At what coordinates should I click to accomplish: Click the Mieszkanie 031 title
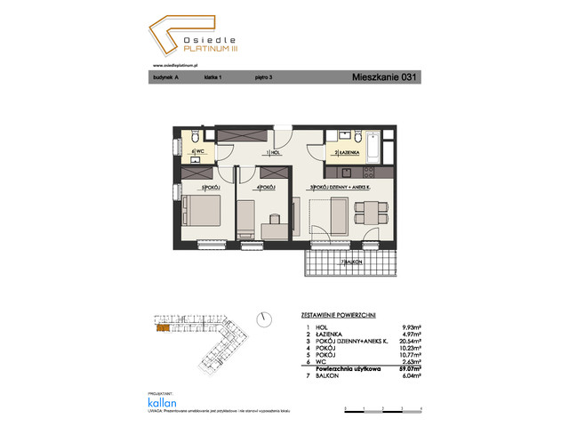coord(383,77)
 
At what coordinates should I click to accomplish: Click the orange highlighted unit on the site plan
coord(162,328)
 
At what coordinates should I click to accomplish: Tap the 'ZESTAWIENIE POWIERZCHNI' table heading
coord(333,315)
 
